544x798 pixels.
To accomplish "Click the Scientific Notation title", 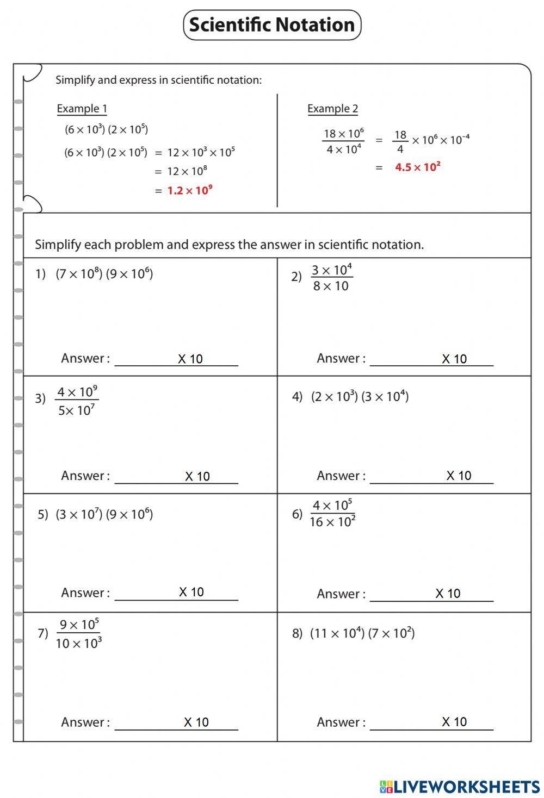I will coord(272,25).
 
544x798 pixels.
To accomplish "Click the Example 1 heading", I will coord(82,109).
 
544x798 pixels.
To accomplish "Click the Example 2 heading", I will coord(332,109).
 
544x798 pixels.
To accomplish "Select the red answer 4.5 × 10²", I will coord(417,167).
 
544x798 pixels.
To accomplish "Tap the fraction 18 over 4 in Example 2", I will coord(400,141).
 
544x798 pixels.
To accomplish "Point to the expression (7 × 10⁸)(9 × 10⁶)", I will coord(104,273).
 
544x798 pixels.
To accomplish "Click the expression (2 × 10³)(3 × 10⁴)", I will coord(360,396).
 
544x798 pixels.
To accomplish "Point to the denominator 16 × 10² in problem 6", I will coord(332,522).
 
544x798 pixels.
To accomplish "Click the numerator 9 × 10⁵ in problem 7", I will coord(79,624).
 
